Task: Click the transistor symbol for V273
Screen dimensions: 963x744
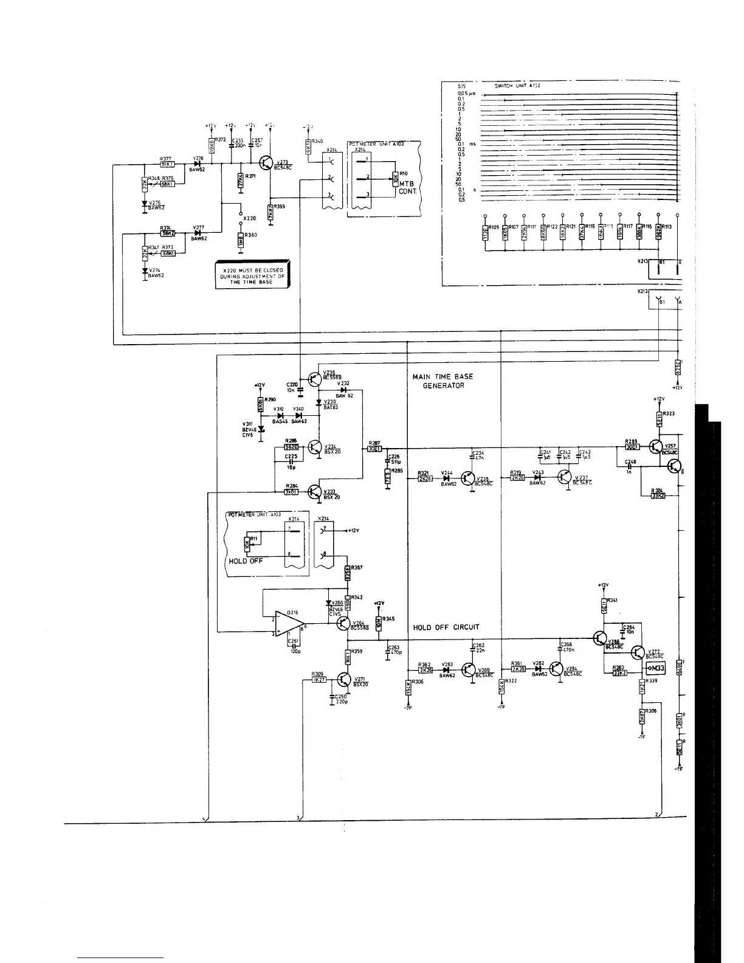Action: click(266, 163)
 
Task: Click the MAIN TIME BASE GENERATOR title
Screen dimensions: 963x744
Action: click(443, 381)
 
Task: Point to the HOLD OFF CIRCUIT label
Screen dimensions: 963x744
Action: click(446, 627)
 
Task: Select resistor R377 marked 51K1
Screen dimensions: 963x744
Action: click(167, 164)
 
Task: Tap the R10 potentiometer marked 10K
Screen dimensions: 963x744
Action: click(396, 181)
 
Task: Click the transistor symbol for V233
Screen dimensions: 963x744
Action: click(314, 492)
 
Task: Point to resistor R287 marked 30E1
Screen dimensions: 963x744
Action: click(374, 449)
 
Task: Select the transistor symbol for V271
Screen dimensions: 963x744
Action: click(344, 680)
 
